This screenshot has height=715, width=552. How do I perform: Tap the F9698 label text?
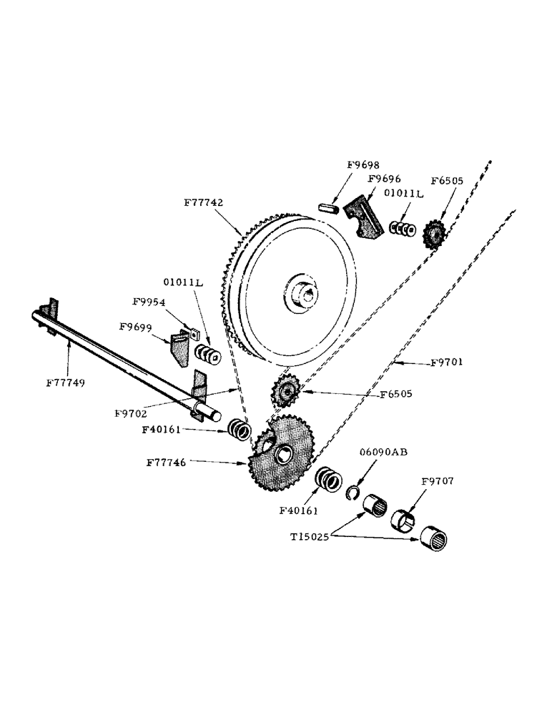point(363,164)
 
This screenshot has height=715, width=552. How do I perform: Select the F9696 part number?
point(385,179)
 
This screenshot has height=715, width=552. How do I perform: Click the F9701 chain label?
point(447,363)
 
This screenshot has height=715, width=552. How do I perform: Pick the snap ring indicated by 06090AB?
point(352,491)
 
